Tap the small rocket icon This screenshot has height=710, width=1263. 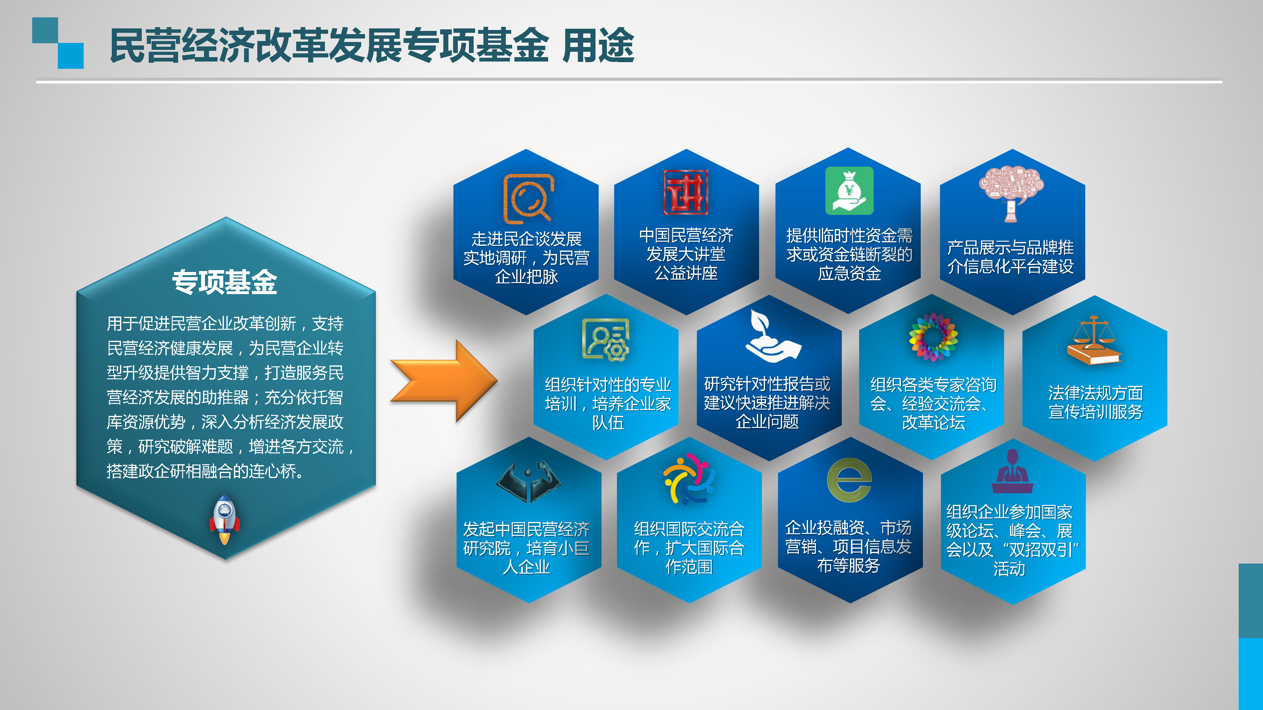click(x=224, y=519)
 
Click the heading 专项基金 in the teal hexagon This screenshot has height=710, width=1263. click(x=224, y=282)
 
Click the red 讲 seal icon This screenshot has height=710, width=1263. click(x=685, y=192)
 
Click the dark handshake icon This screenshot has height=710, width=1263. click(x=528, y=482)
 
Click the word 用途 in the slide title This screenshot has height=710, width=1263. click(x=598, y=45)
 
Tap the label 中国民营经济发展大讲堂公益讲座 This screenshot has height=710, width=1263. click(x=686, y=254)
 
